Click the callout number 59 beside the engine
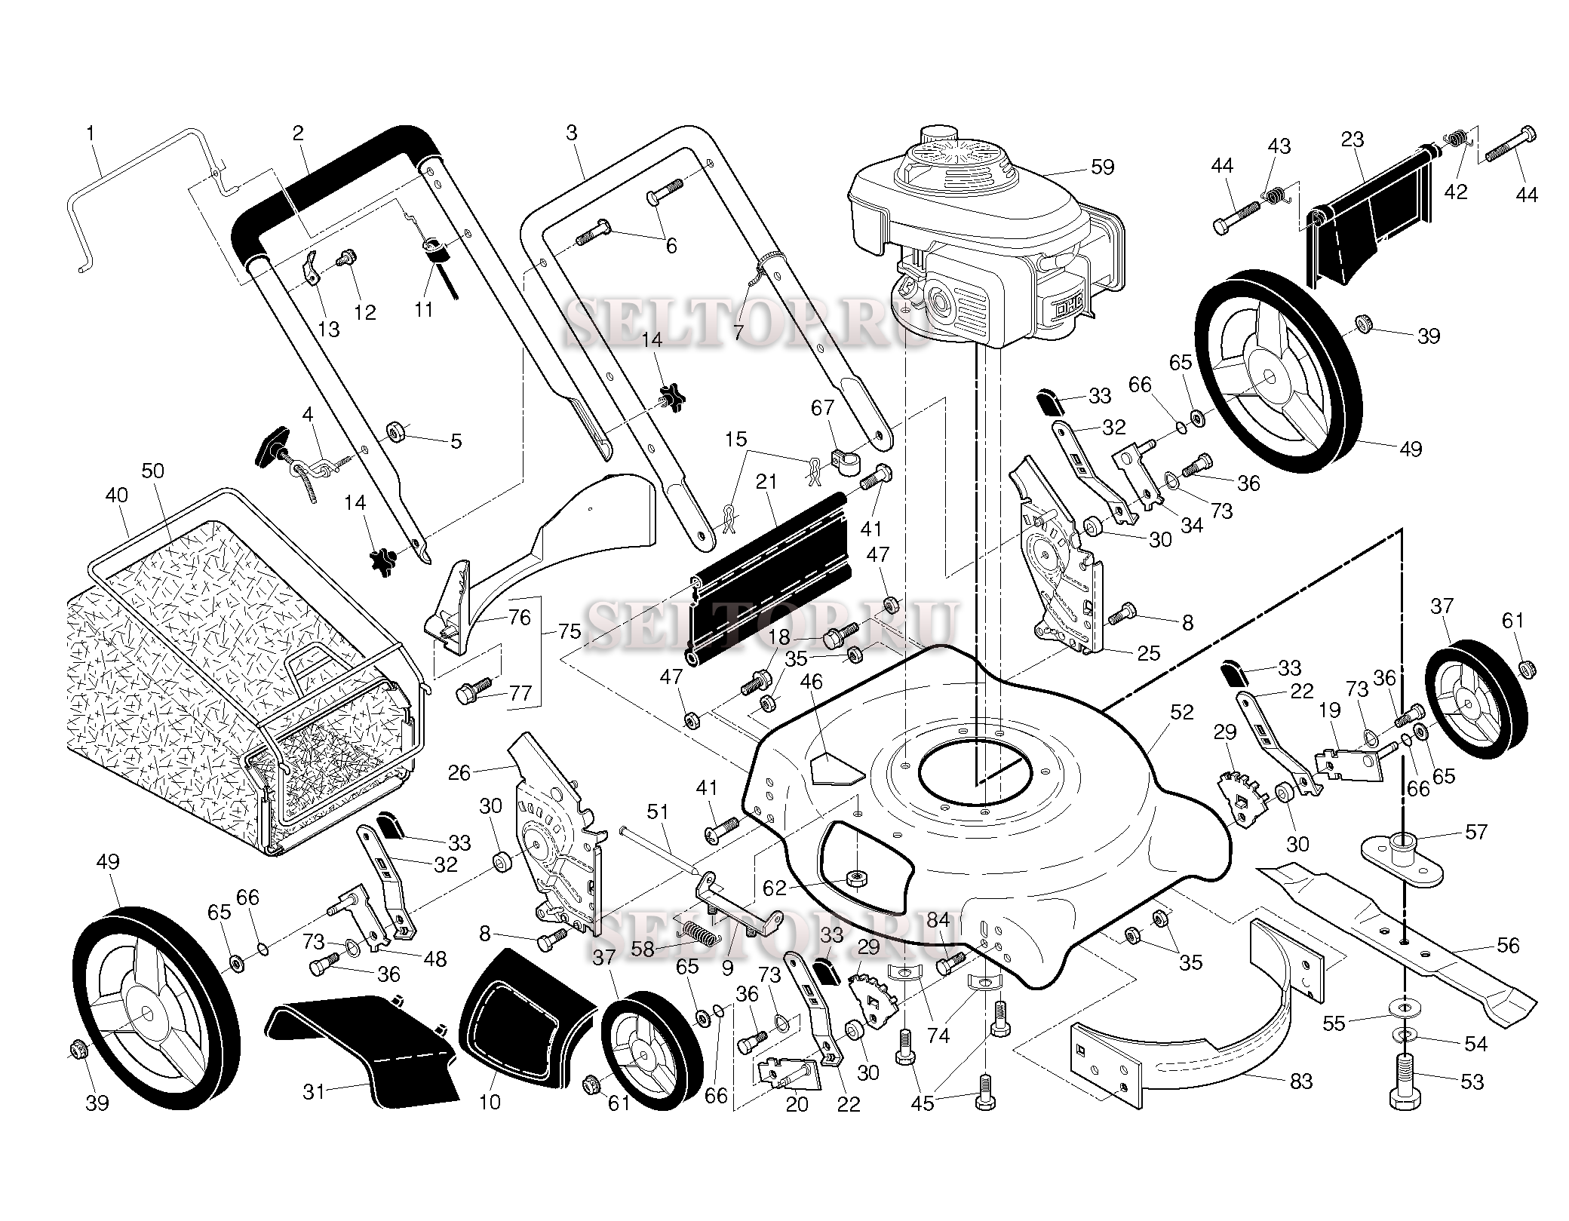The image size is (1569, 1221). pyautogui.click(x=1102, y=167)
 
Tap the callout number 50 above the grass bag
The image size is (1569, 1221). pyautogui.click(x=152, y=471)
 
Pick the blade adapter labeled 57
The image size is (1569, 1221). pyautogui.click(x=1402, y=856)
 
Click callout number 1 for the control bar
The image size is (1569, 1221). pyautogui.click(x=91, y=134)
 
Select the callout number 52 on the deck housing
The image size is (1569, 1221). pyautogui.click(x=1182, y=712)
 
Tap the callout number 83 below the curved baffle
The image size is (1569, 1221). pyautogui.click(x=1301, y=1081)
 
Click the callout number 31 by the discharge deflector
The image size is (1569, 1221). pyautogui.click(x=314, y=1091)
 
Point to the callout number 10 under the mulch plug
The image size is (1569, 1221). pyautogui.click(x=490, y=1102)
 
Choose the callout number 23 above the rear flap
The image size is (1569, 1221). pyautogui.click(x=1353, y=140)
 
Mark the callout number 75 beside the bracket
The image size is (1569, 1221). pyautogui.click(x=570, y=631)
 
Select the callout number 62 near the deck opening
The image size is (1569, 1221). pyautogui.click(x=775, y=888)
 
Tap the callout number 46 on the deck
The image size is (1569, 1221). pyautogui.click(x=811, y=683)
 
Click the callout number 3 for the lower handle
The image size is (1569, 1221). pyautogui.click(x=571, y=133)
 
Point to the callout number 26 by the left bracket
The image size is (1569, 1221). pyautogui.click(x=459, y=772)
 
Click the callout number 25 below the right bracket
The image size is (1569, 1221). pyautogui.click(x=1148, y=653)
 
